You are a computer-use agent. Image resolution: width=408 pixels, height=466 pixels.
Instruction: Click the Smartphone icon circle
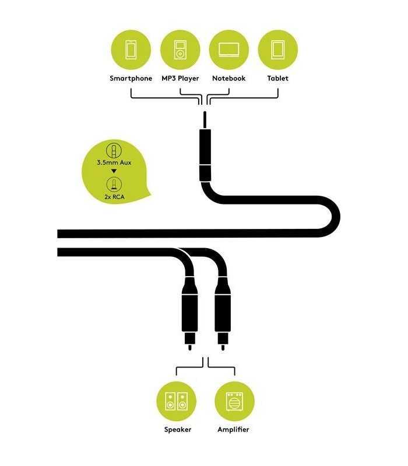pos(131,50)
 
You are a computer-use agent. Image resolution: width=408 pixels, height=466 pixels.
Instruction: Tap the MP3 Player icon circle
pos(180,50)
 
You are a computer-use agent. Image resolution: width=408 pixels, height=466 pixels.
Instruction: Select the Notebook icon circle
pos(229,50)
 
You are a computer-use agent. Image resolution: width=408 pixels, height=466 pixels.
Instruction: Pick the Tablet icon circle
pos(278,50)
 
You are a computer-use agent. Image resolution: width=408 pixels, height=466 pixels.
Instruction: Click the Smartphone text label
pos(131,79)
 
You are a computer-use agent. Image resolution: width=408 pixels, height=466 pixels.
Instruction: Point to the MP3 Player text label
pos(180,79)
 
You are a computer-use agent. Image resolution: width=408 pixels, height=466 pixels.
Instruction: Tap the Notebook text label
pos(229,79)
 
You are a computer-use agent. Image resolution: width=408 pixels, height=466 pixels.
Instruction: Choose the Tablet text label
pos(278,79)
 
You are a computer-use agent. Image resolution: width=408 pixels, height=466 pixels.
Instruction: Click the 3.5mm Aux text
pos(114,163)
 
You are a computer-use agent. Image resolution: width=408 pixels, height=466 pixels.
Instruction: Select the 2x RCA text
pos(114,197)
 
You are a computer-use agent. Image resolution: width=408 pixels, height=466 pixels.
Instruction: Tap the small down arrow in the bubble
pos(114,171)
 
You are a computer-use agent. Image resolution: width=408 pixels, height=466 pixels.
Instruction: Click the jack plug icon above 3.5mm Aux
pos(114,150)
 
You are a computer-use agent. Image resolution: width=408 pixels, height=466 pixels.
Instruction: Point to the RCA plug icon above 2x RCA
pos(114,184)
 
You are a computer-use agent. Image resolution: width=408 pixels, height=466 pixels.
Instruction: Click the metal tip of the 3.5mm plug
pos(205,120)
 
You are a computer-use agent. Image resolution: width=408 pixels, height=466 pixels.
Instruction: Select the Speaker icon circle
pos(177,401)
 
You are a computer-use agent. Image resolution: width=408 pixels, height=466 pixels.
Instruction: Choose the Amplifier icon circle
pos(235,401)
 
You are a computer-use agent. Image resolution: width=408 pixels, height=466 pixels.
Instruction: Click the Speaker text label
pos(178,429)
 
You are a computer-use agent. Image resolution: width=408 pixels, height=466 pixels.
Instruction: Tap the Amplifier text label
pos(233,429)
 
